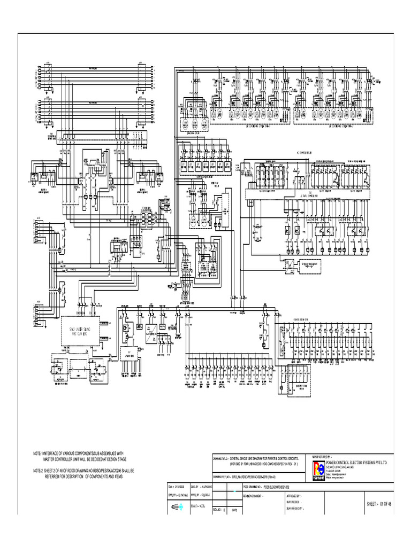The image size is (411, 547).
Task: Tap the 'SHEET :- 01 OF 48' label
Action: tap(379, 504)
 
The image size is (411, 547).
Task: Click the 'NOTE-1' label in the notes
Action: tap(40, 453)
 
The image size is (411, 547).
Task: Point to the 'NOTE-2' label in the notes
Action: tap(40, 471)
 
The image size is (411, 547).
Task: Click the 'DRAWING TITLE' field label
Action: tap(220, 458)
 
